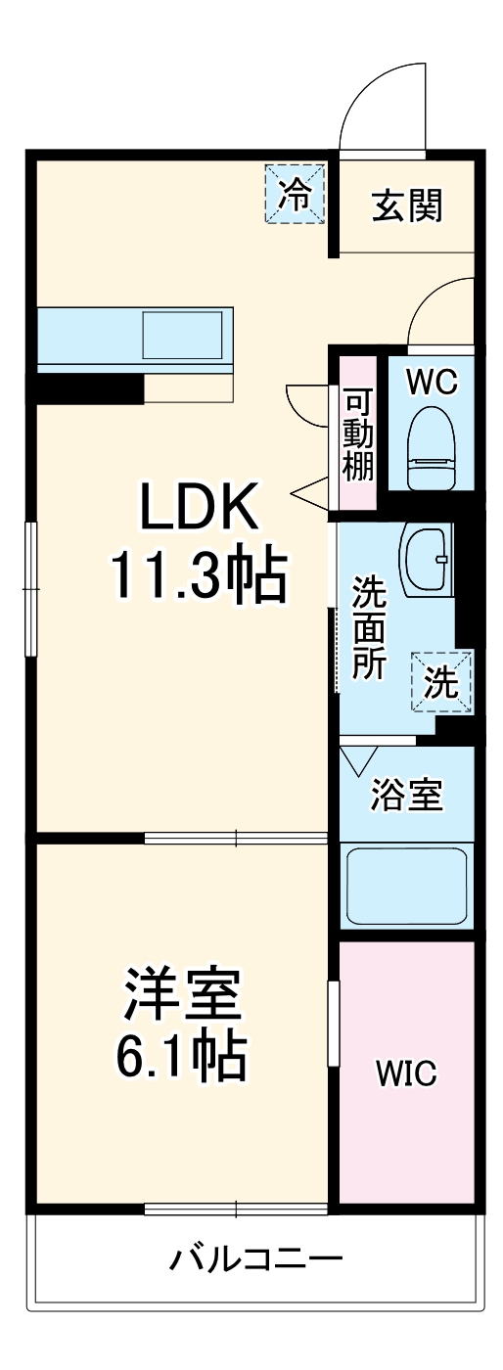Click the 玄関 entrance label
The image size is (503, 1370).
click(406, 205)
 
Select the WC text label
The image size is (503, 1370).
click(431, 383)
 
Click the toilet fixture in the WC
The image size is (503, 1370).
click(432, 446)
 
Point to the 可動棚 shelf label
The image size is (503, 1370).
click(358, 435)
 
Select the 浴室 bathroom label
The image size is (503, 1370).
click(407, 796)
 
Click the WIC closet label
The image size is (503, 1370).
click(406, 1073)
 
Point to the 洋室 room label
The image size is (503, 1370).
click(181, 996)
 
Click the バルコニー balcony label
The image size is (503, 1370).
click(256, 1256)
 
